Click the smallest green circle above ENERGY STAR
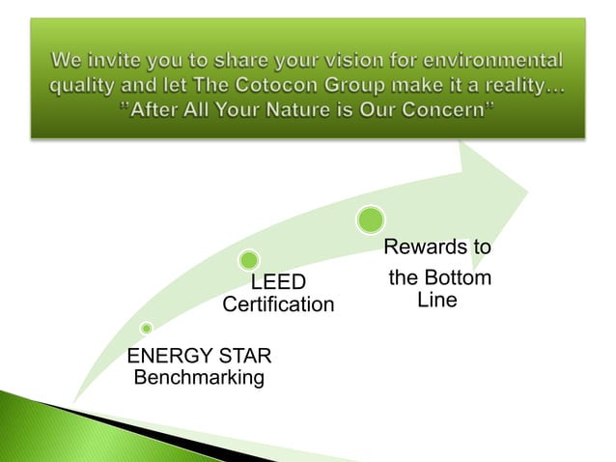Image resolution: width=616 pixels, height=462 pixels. pos(146,329)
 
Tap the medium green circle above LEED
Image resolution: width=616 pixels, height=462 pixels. pos(249,260)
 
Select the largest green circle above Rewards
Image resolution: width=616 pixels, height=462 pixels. pos(371,219)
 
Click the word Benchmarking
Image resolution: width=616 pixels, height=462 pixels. pos(199,377)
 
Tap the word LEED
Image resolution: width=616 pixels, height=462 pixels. pos(278,282)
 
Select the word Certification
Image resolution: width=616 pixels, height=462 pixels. pos(278,305)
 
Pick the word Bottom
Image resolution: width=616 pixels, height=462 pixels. pos(457,278)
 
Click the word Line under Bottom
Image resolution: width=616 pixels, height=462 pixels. pos(437,301)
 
